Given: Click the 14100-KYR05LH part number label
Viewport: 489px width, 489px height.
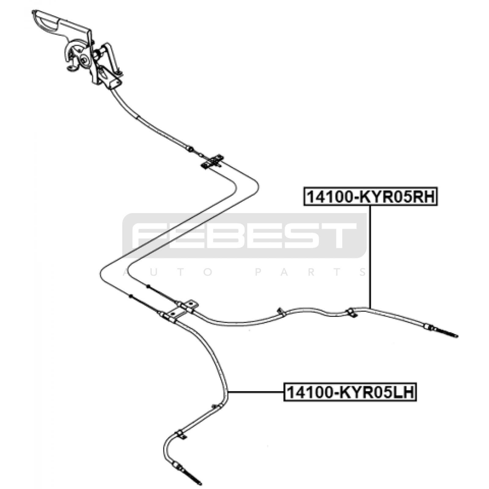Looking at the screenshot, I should tap(350, 392).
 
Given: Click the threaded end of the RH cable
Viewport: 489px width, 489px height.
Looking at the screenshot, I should tap(446, 333).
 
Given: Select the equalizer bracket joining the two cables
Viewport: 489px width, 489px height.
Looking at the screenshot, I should tap(212, 161).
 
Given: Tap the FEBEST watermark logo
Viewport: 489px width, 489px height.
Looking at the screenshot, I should tap(244, 235).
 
